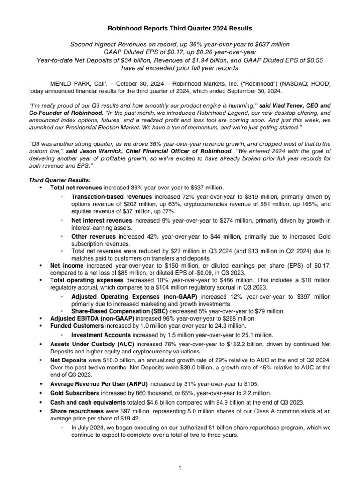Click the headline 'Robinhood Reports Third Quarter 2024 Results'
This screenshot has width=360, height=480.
pyautogui.click(x=180, y=28)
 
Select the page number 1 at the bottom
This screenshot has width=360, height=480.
pyautogui.click(x=180, y=468)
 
